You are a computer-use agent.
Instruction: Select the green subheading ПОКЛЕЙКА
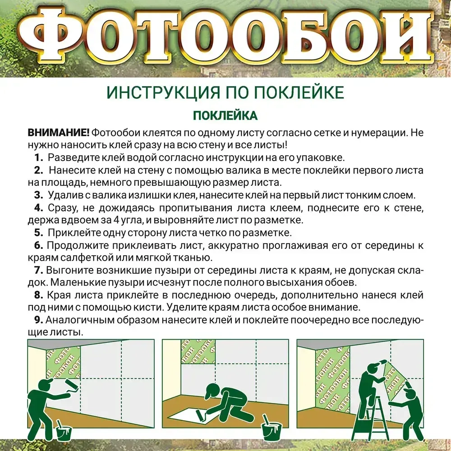coord(225,115)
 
